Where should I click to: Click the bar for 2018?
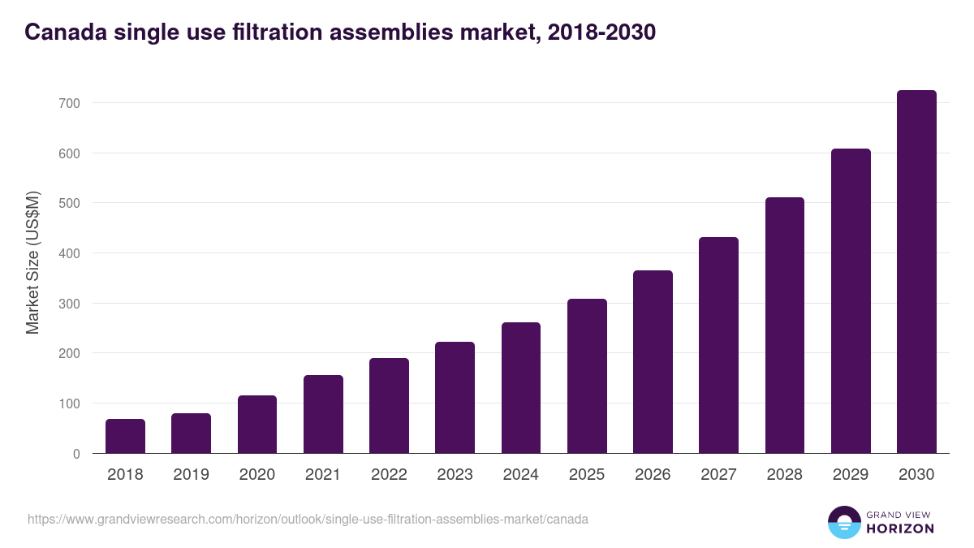pyautogui.click(x=125, y=436)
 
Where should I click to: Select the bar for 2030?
pyautogui.click(x=916, y=272)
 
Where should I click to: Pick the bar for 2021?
pyautogui.click(x=323, y=414)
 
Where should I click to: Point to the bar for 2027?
pyautogui.click(x=718, y=345)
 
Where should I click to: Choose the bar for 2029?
pyautogui.click(x=851, y=301)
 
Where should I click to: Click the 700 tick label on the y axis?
pyautogui.click(x=69, y=103)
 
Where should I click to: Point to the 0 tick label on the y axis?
pyautogui.click(x=76, y=454)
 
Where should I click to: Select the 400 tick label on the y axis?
pyautogui.click(x=69, y=253)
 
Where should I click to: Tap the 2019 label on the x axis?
pyautogui.click(x=191, y=475)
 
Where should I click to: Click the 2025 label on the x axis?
pyautogui.click(x=587, y=475)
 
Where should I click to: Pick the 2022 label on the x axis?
pyautogui.click(x=389, y=475)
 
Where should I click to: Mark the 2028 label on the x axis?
pyautogui.click(x=785, y=475)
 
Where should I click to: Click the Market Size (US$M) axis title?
pyautogui.click(x=32, y=263)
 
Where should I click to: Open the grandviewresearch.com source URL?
pyautogui.click(x=308, y=519)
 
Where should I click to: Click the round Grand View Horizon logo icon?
pyautogui.click(x=844, y=522)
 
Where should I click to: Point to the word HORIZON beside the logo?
pyautogui.click(x=900, y=529)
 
